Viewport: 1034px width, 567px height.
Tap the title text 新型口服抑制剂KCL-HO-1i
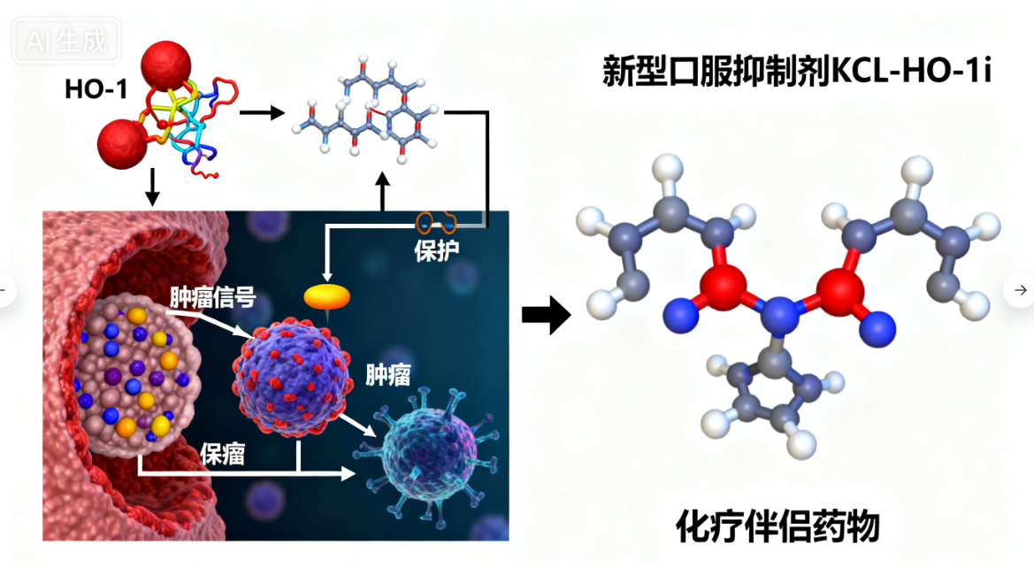click(796, 70)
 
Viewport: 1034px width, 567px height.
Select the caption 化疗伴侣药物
click(777, 526)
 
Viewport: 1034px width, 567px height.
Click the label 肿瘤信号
click(214, 297)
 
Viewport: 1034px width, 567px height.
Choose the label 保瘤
click(223, 454)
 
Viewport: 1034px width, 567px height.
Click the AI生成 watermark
click(66, 40)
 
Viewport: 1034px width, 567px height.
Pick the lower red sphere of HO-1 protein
click(123, 143)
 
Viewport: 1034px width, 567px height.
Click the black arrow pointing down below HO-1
click(151, 186)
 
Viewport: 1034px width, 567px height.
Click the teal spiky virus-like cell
click(425, 450)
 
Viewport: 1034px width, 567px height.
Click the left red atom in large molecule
click(726, 286)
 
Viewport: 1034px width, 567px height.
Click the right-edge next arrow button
click(1020, 289)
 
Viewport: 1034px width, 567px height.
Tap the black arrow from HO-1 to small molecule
click(262, 112)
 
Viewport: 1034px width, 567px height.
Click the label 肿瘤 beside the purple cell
click(388, 375)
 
